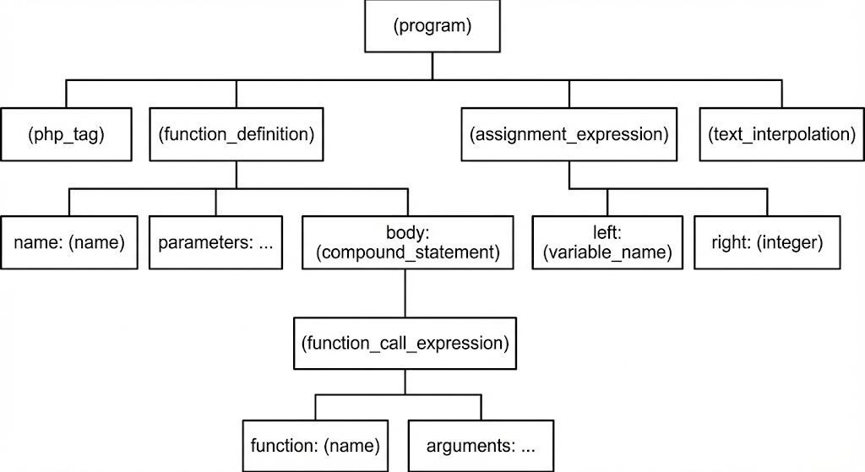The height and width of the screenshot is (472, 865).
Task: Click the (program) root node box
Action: (x=432, y=26)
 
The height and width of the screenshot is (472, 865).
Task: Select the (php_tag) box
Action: (x=66, y=134)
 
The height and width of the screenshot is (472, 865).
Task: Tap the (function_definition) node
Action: (x=236, y=134)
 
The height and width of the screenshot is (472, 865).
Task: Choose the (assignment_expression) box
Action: (x=569, y=134)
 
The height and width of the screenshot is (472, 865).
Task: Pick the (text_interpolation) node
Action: (x=781, y=134)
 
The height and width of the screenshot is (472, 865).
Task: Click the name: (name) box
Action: (x=69, y=242)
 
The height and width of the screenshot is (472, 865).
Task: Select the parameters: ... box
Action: (x=215, y=242)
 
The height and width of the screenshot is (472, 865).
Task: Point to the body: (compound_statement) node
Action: (x=407, y=242)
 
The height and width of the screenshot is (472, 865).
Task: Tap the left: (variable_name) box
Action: (x=607, y=242)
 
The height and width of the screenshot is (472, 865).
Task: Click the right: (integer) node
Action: (x=767, y=242)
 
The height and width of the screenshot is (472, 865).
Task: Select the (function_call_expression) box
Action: (x=405, y=344)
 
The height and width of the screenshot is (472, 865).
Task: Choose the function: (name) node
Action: (x=315, y=445)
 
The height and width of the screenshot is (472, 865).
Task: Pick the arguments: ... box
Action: (x=481, y=445)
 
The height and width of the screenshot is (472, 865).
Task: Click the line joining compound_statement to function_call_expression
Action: (x=405, y=293)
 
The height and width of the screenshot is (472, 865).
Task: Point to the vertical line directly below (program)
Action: (x=432, y=66)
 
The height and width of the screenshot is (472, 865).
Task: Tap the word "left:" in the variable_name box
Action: (x=607, y=232)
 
